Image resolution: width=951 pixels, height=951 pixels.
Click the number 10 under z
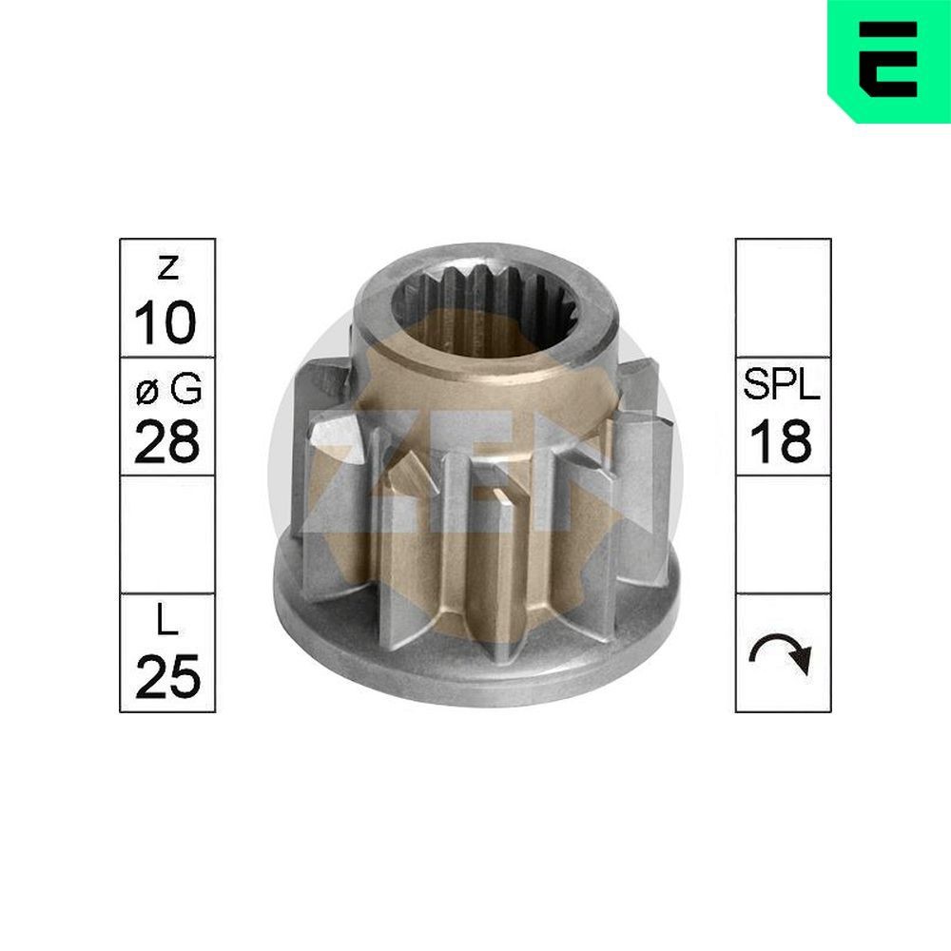[x=166, y=323]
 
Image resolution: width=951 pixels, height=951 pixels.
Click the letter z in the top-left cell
[x=166, y=270]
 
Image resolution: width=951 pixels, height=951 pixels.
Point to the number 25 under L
[x=166, y=677]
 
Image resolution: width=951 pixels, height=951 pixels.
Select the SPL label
[x=782, y=388]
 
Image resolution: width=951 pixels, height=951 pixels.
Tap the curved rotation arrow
[x=782, y=654]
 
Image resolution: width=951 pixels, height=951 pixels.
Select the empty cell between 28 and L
[x=166, y=534]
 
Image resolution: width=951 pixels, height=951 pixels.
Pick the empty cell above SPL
[x=782, y=297]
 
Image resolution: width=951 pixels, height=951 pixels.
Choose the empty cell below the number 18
[x=782, y=534]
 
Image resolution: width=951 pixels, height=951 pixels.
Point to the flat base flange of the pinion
[x=475, y=656]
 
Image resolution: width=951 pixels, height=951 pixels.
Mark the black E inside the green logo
[x=888, y=59]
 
